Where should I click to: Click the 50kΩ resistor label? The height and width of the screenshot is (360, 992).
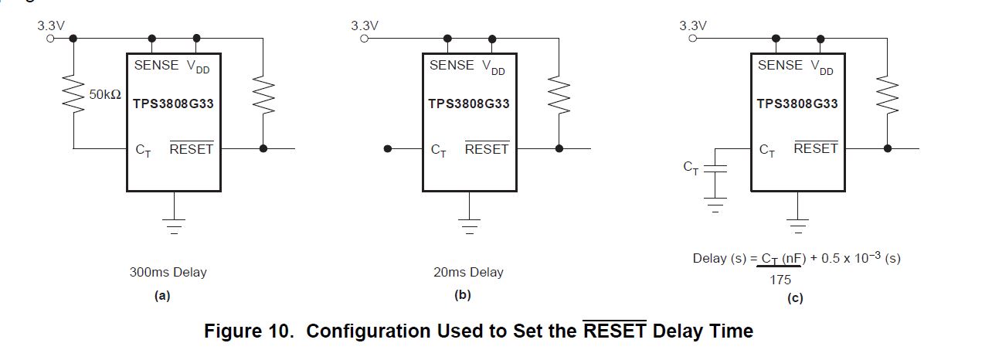(104, 94)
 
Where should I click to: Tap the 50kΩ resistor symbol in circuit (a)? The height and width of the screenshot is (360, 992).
(74, 94)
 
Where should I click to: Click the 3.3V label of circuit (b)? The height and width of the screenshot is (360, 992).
(365, 25)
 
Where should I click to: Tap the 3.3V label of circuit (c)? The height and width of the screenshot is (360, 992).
(693, 25)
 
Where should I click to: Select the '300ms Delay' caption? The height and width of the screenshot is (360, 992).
(168, 272)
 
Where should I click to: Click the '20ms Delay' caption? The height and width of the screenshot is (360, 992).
(468, 272)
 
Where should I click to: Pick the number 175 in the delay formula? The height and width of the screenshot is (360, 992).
(780, 280)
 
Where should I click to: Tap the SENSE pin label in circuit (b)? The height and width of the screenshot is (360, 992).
(452, 66)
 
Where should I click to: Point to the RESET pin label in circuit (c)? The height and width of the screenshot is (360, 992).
(816, 148)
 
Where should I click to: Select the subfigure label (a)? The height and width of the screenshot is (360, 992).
(162, 295)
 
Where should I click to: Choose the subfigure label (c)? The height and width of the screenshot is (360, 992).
(796, 298)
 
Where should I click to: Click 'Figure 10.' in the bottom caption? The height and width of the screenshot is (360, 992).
(250, 331)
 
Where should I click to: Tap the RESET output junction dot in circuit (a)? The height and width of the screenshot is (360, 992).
(263, 148)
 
